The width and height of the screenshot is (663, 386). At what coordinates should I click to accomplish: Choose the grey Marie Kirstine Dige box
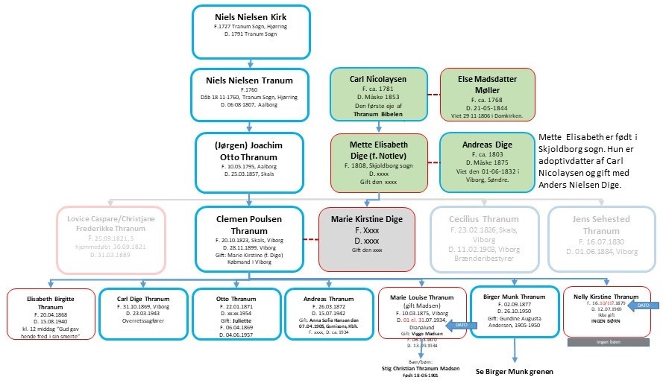coord(368,233)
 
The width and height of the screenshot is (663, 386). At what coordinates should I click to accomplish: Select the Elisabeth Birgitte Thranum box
coord(50,314)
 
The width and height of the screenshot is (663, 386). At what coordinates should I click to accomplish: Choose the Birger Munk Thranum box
coord(514,312)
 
